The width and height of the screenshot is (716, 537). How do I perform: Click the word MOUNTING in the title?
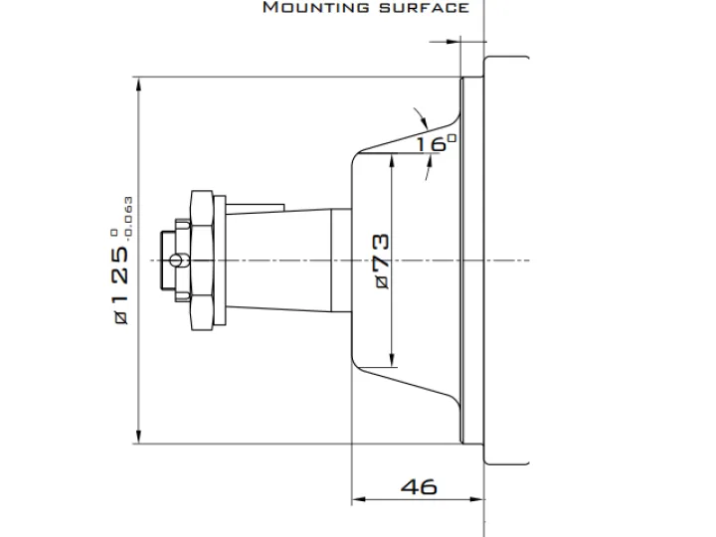tap(316, 7)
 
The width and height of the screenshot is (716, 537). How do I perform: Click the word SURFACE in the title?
tap(425, 8)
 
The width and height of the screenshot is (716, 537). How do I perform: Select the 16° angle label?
tap(437, 144)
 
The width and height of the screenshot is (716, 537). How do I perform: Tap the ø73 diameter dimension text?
tap(382, 262)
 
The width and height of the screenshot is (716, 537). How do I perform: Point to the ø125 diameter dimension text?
tap(120, 285)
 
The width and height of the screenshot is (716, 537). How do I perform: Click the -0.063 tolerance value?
tap(128, 219)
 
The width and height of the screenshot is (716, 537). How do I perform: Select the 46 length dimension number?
tap(419, 486)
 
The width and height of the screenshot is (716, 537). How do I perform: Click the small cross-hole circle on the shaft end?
tap(176, 261)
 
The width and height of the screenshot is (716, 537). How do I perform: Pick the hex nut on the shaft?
tap(202, 261)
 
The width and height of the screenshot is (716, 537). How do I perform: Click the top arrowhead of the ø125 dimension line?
tap(139, 84)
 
